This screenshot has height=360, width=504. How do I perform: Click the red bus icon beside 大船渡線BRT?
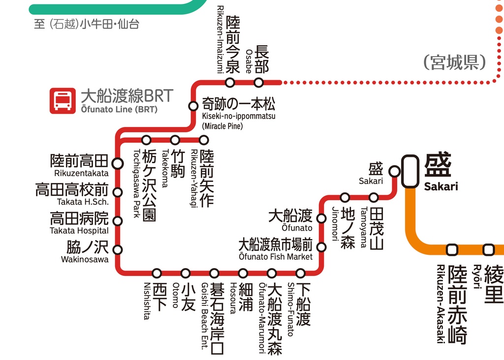pyautogui.click(x=62, y=101)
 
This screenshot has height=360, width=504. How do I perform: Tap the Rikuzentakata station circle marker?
pyautogui.click(x=118, y=163)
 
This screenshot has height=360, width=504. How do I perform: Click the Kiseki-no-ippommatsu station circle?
pyautogui.click(x=193, y=106)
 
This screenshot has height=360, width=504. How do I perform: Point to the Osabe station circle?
pyautogui.click(x=258, y=82)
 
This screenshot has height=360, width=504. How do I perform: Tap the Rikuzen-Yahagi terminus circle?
pyautogui.click(x=204, y=140)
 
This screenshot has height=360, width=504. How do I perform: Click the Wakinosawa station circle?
pyautogui.click(x=118, y=249)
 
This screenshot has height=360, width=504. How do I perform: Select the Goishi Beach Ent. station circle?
pyautogui.click(x=214, y=273)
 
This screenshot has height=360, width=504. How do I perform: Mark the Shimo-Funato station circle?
pyautogui.click(x=300, y=273)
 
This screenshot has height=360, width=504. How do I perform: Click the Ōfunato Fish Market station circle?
pyautogui.click(x=321, y=247)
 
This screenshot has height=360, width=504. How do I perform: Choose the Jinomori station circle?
pyautogui.click(x=345, y=198)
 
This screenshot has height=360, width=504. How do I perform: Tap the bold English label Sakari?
pyautogui.click(x=441, y=186)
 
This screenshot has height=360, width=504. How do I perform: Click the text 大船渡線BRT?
pyautogui.click(x=127, y=95)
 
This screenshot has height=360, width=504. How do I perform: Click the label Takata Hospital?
pyautogui.click(x=79, y=231)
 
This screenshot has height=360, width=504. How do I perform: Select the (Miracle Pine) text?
pyautogui.click(x=222, y=126)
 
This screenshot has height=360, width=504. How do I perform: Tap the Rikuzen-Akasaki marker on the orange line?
pyautogui.click(x=452, y=249)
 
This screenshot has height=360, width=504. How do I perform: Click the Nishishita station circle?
pyautogui.click(x=157, y=273)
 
